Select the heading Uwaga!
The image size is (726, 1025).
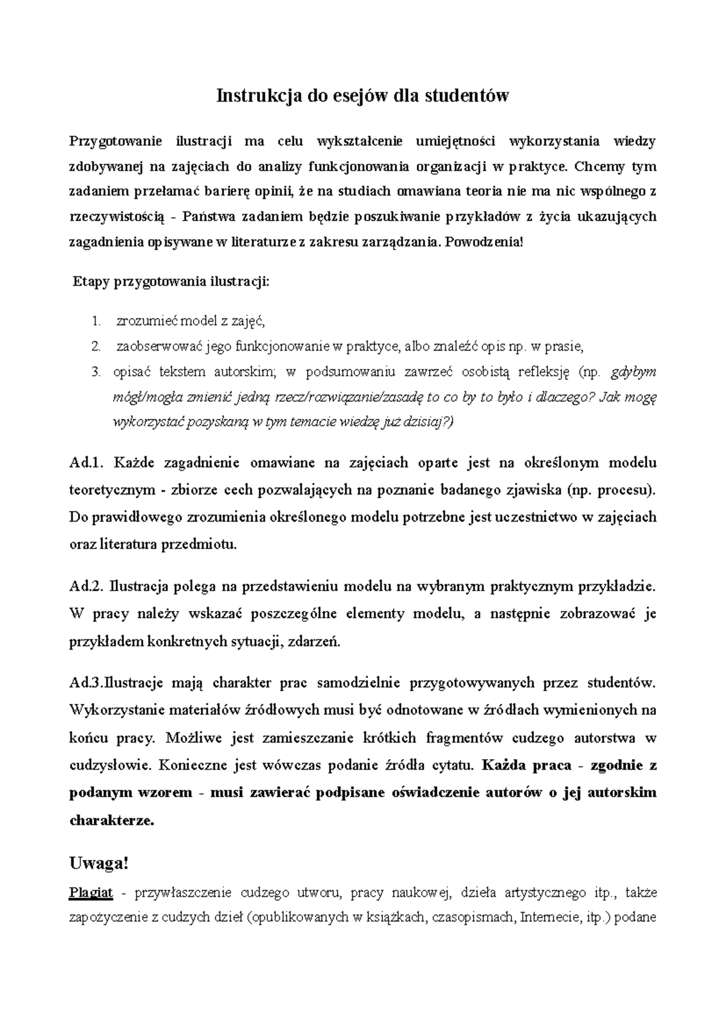(100, 864)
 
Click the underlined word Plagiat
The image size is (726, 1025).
(91, 892)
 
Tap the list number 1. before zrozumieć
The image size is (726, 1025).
(96, 321)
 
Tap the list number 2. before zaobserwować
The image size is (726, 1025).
(96, 347)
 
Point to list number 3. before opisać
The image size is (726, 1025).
(96, 372)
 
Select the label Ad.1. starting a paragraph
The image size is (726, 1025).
(88, 463)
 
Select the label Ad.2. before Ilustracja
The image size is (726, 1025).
(88, 586)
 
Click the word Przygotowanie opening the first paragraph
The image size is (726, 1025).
(117, 142)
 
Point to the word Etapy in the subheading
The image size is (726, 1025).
(91, 282)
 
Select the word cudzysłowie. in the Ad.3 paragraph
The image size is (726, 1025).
(109, 765)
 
